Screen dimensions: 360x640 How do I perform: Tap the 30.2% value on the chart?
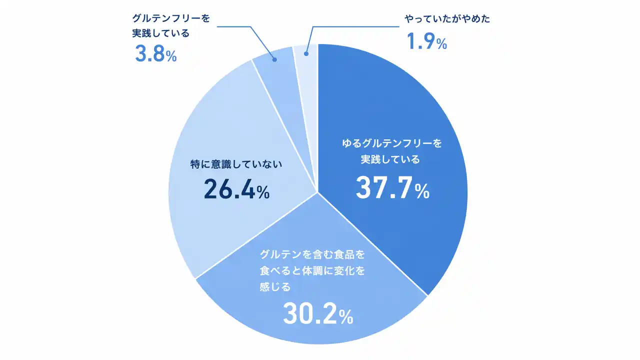[318, 314]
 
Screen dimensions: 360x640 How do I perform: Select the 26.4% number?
[236, 189]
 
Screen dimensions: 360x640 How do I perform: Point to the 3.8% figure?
[155, 54]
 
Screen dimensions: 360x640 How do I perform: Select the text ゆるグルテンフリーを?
[392, 144]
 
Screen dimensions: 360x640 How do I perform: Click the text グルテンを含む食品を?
[312, 254]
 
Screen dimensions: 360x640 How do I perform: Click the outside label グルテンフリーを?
[171, 18]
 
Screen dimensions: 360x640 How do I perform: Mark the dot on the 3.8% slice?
[274, 59]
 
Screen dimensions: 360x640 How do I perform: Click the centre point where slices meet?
[317, 191]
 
